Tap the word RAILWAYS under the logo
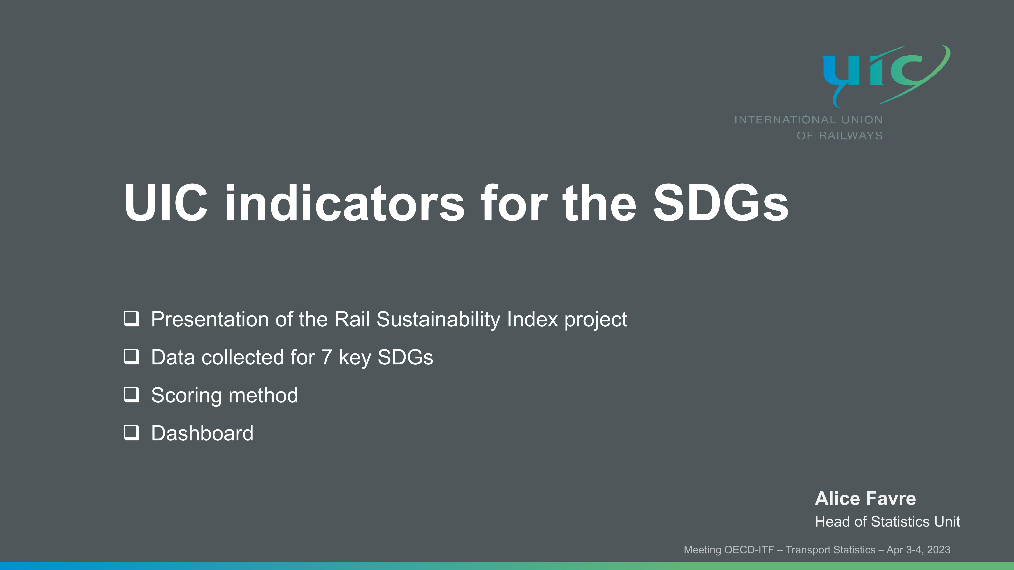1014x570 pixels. point(851,136)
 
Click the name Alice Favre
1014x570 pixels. point(865,499)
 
